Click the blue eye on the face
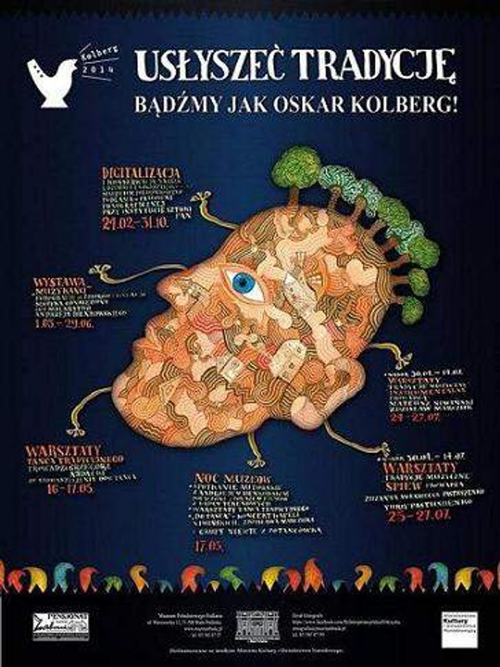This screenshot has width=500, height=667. pos(244,281)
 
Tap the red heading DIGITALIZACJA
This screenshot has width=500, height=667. pos(141,173)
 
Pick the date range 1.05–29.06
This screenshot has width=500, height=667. pos(64,325)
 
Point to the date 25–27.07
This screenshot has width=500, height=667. pos(419,515)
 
